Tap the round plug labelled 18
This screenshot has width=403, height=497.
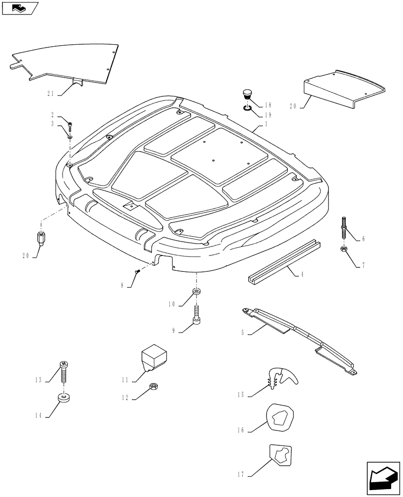coord(247,94)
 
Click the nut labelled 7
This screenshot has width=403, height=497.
coord(343,249)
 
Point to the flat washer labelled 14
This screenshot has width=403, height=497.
coord(63,398)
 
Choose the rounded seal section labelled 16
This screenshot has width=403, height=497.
coord(280,417)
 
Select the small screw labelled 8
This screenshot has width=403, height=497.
coord(137,271)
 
